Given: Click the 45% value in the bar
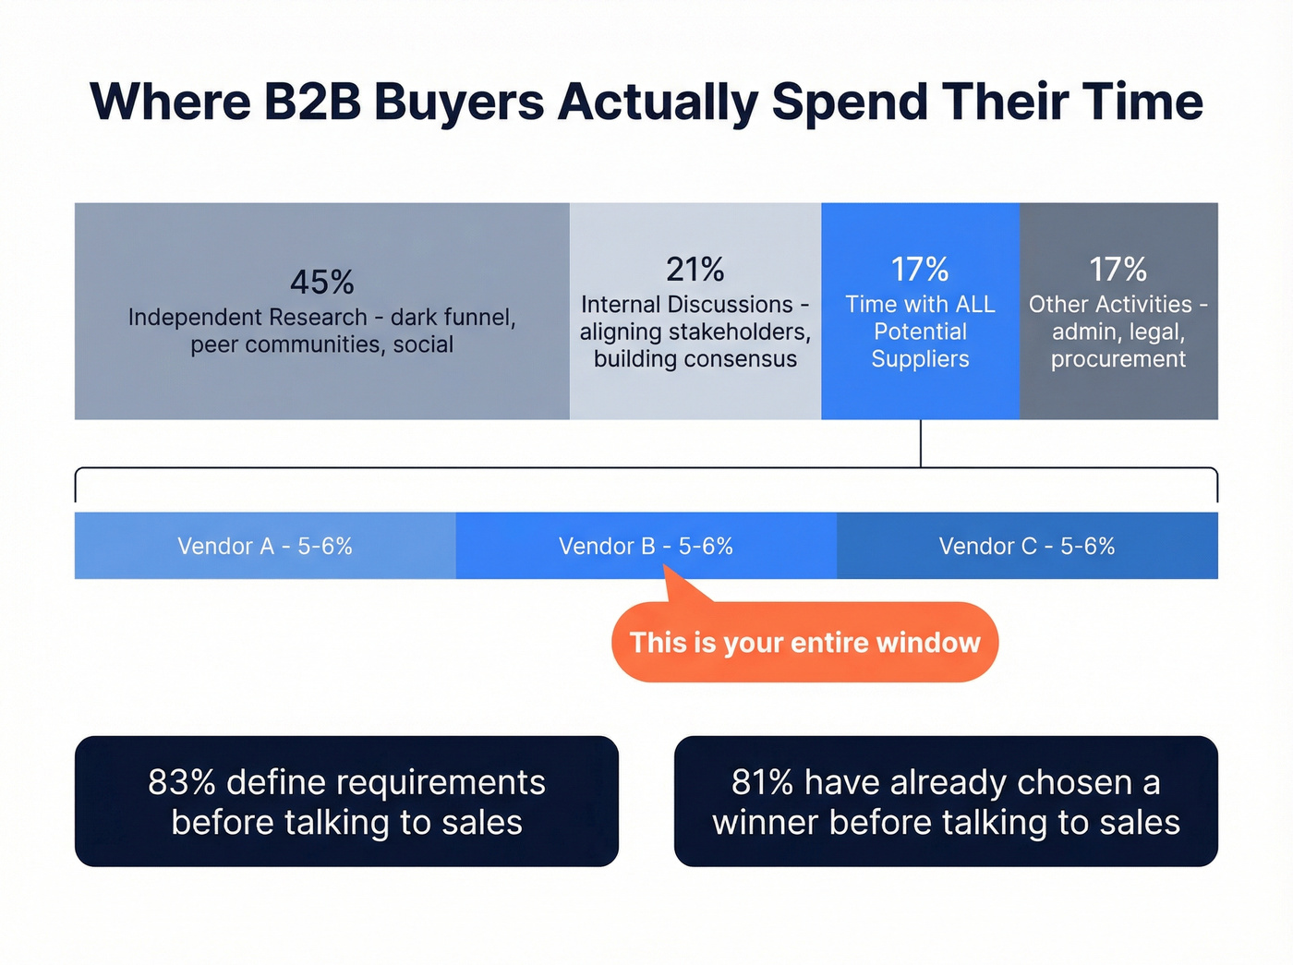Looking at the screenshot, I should tap(321, 282).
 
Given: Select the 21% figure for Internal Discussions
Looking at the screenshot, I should tap(695, 269).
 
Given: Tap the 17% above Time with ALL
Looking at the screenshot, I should tap(920, 269).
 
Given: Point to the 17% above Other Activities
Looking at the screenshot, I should tap(1118, 269).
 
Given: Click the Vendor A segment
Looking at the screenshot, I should tap(265, 546).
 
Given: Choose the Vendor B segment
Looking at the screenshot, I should tap(646, 546).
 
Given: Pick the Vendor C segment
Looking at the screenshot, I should tap(1027, 546).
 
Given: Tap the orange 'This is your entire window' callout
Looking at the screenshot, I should tap(804, 643).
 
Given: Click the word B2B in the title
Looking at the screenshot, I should tap(312, 102).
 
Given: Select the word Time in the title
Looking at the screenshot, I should tap(1142, 102).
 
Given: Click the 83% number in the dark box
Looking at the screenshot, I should tap(181, 782).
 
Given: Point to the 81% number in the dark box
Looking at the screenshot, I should tap(762, 782).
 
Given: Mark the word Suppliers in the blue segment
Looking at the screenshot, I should tap(920, 358).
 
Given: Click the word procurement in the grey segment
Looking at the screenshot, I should tap(1118, 358).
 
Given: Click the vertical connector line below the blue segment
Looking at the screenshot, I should tap(921, 443).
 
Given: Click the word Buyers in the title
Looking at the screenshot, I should tap(459, 102).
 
